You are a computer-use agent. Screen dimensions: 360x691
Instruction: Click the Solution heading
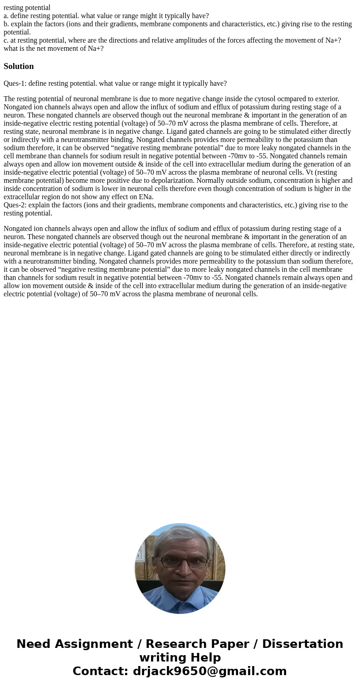point(19,66)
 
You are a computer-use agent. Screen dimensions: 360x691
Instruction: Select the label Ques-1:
point(15,83)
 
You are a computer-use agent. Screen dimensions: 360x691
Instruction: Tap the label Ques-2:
point(15,205)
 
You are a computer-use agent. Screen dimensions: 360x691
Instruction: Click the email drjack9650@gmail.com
point(209,671)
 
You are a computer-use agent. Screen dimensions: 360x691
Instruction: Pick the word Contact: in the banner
point(100,671)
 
